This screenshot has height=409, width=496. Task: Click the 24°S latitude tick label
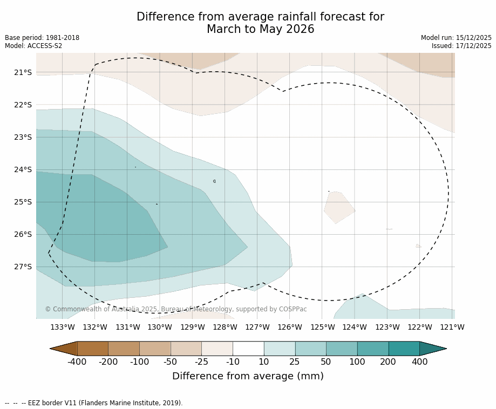click(23, 169)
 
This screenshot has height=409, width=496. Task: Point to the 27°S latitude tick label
click(23, 267)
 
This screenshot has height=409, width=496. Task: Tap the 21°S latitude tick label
click(23, 72)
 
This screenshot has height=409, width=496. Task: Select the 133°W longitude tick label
click(63, 327)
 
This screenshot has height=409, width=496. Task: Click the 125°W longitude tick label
click(322, 327)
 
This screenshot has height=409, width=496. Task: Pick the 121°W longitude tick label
click(452, 327)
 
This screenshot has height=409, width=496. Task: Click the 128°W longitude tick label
click(225, 327)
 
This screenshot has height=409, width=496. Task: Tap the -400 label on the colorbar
click(77, 362)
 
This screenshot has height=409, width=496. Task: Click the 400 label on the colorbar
click(419, 362)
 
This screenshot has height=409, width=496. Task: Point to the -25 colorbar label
click(202, 362)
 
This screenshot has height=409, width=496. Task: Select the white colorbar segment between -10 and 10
click(248, 349)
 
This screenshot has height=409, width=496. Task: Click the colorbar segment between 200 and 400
click(404, 349)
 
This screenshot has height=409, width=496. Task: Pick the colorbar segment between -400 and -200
click(93, 349)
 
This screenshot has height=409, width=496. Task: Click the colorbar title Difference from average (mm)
click(248, 377)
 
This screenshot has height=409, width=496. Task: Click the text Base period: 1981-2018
click(42, 38)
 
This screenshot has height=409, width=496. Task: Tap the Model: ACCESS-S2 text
click(33, 46)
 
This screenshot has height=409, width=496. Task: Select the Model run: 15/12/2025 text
click(456, 38)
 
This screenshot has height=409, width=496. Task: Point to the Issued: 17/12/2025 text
click(461, 46)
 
